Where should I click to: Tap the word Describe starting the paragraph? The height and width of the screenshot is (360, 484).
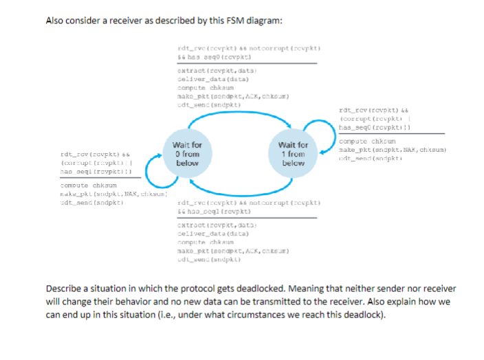click(x=65, y=289)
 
